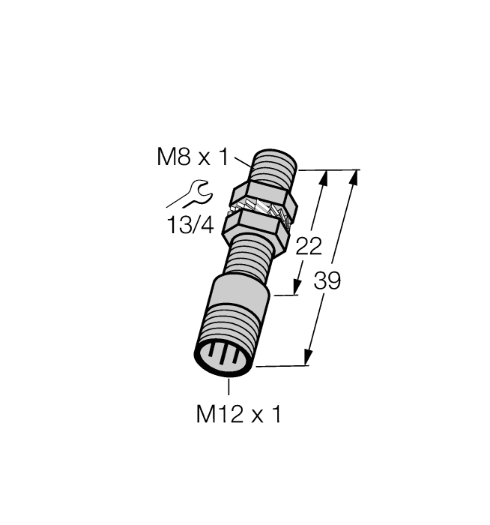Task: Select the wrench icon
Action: click(x=188, y=193)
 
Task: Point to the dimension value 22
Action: click(x=309, y=247)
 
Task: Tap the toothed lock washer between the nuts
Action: click(x=262, y=212)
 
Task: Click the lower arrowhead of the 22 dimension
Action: click(x=298, y=288)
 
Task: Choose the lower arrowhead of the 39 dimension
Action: click(x=308, y=358)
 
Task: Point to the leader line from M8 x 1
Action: click(x=244, y=157)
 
